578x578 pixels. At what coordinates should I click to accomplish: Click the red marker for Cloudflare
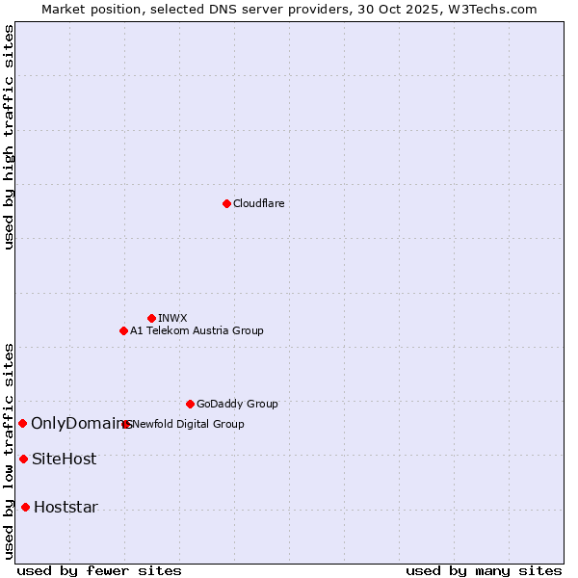pos(226,203)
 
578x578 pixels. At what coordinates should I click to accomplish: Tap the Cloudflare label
pos(258,203)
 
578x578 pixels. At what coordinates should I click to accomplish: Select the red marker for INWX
pos(151,318)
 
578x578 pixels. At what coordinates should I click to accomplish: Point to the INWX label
pos(172,318)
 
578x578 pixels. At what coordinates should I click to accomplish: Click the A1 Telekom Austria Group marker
pos(123,330)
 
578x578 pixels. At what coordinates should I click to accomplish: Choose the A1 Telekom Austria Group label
pos(197,330)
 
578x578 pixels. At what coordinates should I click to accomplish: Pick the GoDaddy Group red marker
pos(190,404)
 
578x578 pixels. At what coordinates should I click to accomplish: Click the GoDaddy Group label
pos(237,404)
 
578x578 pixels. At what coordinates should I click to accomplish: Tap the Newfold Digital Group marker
pos(126,424)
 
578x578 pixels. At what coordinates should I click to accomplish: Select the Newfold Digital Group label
pos(189,424)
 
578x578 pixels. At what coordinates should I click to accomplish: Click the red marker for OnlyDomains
pos(22,423)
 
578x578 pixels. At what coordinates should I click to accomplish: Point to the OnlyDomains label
pos(79,423)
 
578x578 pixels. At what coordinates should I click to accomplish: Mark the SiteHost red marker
pos(23,459)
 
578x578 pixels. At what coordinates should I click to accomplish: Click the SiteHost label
pos(64,459)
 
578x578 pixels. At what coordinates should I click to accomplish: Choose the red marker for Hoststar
pos(25,507)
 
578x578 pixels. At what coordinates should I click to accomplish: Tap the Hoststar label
pos(66,507)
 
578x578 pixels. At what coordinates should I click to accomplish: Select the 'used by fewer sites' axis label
pos(99,570)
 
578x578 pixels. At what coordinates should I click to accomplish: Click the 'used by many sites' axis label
pos(484,570)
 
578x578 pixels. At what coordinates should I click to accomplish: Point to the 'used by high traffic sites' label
pos(9,137)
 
